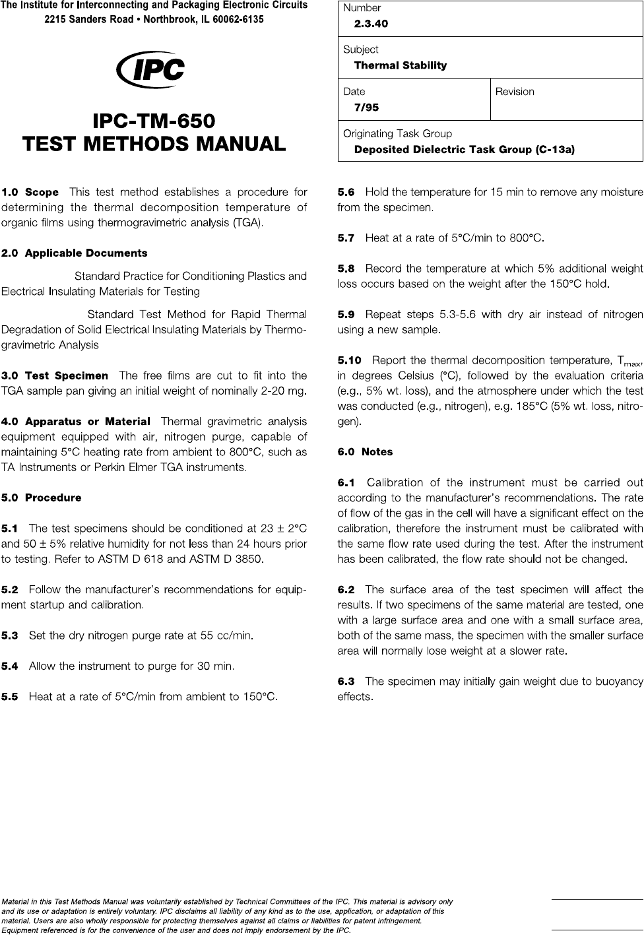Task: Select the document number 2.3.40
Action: coord(371,24)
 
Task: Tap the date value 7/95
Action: coord(366,108)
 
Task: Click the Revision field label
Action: coord(515,92)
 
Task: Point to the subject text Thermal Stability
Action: coord(400,65)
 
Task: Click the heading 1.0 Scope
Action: coord(30,193)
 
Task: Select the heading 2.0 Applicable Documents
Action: coord(75,253)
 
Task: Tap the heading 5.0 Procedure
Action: coord(42,498)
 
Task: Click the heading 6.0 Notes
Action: coord(365,452)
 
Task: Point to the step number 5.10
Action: coord(349,360)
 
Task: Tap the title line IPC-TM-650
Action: coord(154,121)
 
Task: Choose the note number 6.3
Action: coord(346,681)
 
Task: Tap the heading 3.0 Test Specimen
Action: coord(55,375)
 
